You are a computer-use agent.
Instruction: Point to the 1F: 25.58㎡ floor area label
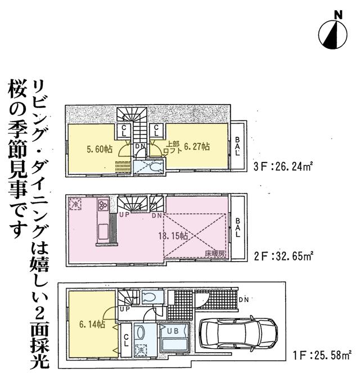click(322, 354)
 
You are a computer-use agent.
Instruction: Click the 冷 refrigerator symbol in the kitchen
click(75, 205)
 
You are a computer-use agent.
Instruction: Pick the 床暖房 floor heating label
click(214, 254)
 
